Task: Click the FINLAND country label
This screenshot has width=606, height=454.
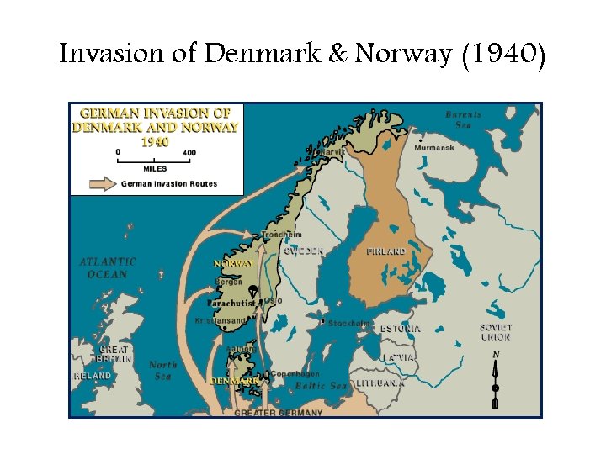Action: [x=386, y=251]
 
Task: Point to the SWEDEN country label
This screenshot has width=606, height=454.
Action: [x=304, y=251]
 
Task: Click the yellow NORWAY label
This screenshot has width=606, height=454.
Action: [x=234, y=264]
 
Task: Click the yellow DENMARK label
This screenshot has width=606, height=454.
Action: [x=234, y=381]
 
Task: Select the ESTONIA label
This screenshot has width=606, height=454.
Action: [x=400, y=329]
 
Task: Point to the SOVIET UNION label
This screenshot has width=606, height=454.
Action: [x=496, y=332]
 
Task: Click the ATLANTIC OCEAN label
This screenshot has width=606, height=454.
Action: [x=108, y=268]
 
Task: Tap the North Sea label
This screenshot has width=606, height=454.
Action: [x=163, y=370]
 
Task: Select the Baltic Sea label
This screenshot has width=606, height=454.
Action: [x=321, y=386]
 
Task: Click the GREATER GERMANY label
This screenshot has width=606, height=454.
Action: [x=278, y=413]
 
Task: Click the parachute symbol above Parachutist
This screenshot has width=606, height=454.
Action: [x=252, y=290]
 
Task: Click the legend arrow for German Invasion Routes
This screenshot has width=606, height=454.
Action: [x=104, y=183]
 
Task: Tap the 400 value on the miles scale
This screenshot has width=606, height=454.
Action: [x=189, y=152]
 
